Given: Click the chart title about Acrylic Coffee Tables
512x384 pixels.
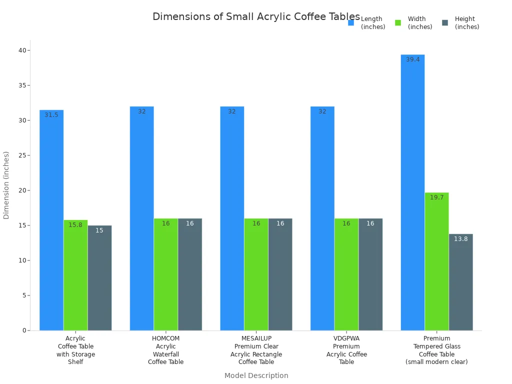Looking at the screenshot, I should pos(256,16).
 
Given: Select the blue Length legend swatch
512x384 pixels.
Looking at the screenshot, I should pos(351,22).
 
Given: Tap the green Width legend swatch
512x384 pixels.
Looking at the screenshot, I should pos(398,22).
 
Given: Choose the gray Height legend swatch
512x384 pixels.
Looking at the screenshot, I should pos(445,22).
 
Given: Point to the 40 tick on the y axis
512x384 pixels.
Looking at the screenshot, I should pos(22,50).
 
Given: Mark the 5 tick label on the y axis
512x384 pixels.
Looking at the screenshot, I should pos(24,295).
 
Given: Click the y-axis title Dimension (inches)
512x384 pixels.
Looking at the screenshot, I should pos(6,185).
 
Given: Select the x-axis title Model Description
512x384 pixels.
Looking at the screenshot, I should pos(256,375).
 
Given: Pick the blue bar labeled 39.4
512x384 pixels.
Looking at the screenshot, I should pos(412,192).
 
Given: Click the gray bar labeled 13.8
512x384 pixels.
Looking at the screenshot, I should pos(460,282).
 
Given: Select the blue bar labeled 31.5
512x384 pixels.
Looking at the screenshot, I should pos(51,220).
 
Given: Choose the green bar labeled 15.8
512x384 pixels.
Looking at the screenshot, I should pos(75,275).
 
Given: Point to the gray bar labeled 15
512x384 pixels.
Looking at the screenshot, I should pos(99,278).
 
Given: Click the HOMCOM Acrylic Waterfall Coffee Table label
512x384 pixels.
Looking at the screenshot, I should pos(165,350).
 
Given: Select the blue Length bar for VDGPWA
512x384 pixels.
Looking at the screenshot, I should pos(322,218).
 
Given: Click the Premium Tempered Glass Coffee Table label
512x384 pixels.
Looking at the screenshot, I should pos(436,350).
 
